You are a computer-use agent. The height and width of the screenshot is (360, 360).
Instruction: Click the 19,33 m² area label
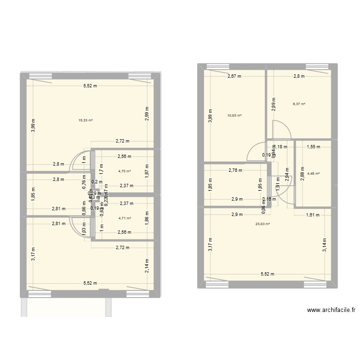[85, 120]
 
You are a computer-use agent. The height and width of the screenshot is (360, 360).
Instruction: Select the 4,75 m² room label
[124, 171]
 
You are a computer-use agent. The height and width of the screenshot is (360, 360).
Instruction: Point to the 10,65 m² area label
[234, 115]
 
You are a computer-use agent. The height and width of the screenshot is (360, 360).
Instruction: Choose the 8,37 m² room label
[299, 104]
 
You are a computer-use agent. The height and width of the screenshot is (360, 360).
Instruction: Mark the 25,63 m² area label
[262, 223]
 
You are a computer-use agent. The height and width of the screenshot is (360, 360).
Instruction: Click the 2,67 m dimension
[234, 76]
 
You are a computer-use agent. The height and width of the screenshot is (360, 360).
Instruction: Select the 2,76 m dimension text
[235, 170]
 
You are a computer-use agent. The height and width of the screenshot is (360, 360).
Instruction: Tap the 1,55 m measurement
[312, 147]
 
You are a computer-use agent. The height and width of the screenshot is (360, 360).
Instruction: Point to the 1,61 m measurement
[313, 215]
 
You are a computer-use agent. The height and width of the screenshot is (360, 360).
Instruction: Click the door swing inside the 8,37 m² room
[280, 130]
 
